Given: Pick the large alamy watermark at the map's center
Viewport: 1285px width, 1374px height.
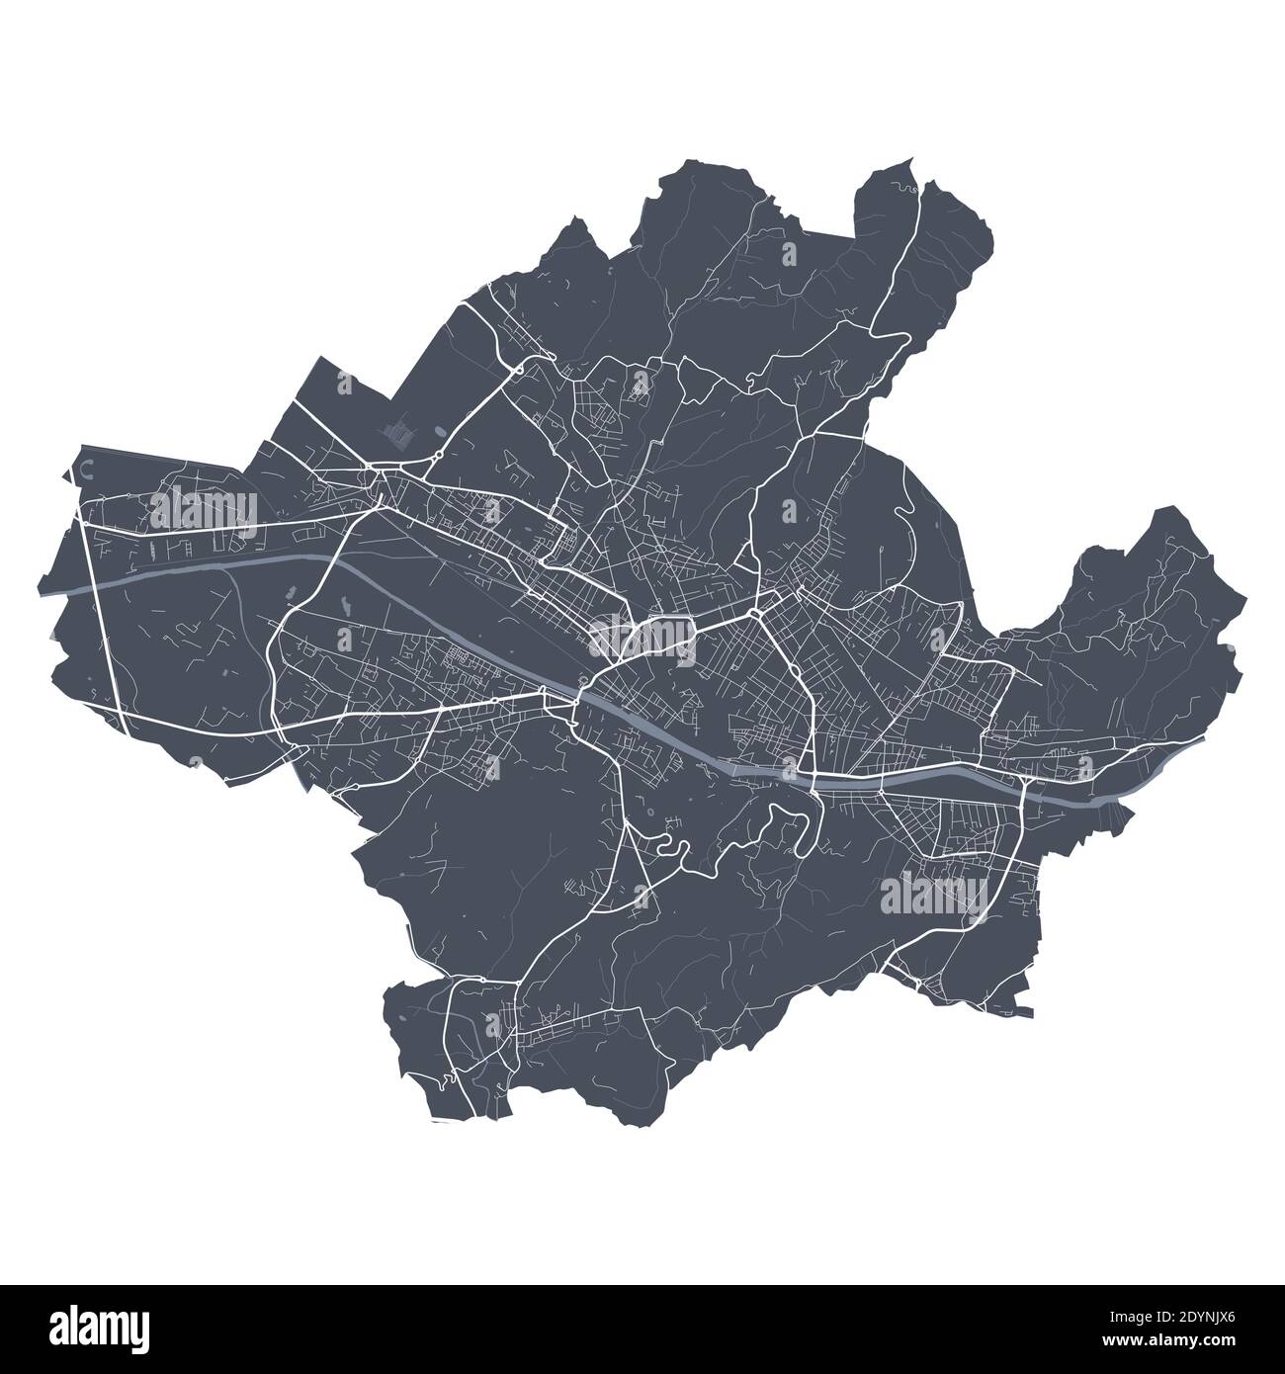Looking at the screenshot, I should click(642, 636).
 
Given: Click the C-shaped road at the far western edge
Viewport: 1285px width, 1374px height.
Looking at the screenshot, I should click(86, 470).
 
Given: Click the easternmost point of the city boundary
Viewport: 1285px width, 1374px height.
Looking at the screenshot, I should click(1247, 600).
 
